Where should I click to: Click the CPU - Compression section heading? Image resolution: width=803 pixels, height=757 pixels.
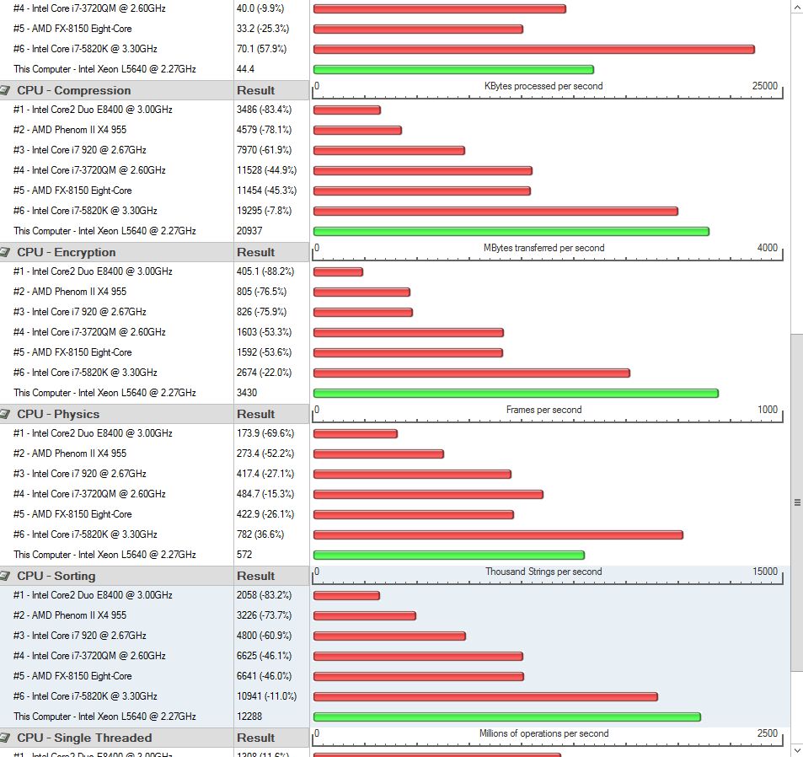click(x=74, y=90)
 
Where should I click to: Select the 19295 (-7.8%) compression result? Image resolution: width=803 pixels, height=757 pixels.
click(x=264, y=211)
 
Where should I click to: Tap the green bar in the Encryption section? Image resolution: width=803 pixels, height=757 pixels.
click(x=515, y=393)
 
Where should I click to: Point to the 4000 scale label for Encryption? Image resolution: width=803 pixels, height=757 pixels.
click(x=767, y=248)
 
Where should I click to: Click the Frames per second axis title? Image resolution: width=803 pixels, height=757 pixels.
click(x=543, y=410)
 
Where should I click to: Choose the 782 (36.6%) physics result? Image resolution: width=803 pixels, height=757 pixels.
click(x=260, y=534)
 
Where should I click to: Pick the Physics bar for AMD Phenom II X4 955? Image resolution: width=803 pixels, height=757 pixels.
click(x=378, y=454)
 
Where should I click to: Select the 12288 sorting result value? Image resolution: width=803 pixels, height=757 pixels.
click(x=250, y=717)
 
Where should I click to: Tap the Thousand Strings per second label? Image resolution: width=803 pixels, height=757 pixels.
click(x=543, y=572)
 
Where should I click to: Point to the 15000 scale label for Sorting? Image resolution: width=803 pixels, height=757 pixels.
click(x=765, y=572)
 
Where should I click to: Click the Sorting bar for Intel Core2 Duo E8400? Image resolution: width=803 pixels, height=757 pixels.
click(x=346, y=595)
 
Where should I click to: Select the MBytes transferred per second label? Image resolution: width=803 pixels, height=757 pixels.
click(x=543, y=248)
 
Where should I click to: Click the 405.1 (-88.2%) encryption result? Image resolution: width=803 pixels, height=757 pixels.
click(x=265, y=271)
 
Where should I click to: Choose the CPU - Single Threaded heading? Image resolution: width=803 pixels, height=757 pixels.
click(x=84, y=738)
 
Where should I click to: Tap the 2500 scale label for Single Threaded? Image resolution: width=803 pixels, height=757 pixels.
click(x=767, y=733)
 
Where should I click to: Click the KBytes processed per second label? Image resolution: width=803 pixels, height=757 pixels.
click(x=543, y=86)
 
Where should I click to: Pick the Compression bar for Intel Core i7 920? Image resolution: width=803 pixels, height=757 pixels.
click(x=388, y=150)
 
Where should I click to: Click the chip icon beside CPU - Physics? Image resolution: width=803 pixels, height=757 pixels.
click(x=6, y=414)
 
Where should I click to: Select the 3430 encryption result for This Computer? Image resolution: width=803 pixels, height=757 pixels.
click(x=247, y=393)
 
